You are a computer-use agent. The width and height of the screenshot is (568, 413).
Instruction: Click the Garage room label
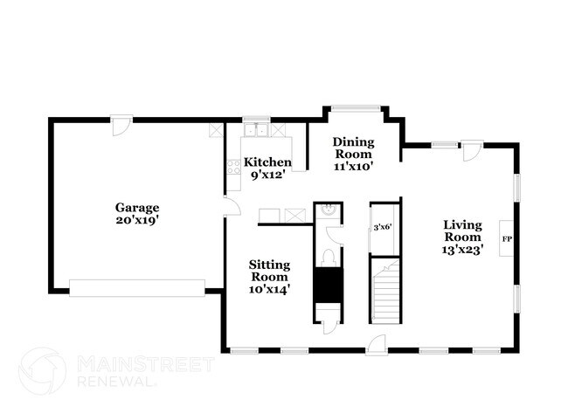pyautogui.click(x=138, y=208)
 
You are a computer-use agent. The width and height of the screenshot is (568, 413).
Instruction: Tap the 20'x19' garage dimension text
pyautogui.click(x=138, y=220)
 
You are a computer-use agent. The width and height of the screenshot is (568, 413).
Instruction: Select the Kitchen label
pyautogui.click(x=267, y=162)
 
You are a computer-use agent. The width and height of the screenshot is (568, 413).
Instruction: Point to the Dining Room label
pyautogui.click(x=353, y=148)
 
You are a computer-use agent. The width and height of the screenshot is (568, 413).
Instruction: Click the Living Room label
pyautogui.click(x=463, y=230)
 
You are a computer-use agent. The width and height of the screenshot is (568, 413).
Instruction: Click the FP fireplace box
pyautogui.click(x=506, y=237)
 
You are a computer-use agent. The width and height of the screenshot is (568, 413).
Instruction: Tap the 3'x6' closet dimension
pyautogui.click(x=382, y=227)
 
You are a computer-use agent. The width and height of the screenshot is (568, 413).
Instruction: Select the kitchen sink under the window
pyautogui.click(x=256, y=131)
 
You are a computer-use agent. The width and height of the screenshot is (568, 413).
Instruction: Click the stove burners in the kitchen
pyautogui.click(x=233, y=167)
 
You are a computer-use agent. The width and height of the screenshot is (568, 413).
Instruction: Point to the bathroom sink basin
pyautogui.click(x=328, y=210)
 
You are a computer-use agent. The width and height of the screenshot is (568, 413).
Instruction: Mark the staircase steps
pyautogui.click(x=384, y=293)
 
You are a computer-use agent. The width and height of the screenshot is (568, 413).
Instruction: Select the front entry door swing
pyautogui.click(x=376, y=344)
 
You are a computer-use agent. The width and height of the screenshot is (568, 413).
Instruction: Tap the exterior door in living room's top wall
pyautogui.click(x=470, y=150)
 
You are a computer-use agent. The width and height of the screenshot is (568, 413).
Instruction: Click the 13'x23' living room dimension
pyautogui.click(x=463, y=248)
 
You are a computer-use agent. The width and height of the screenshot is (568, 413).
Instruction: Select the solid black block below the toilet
pyautogui.click(x=328, y=285)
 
